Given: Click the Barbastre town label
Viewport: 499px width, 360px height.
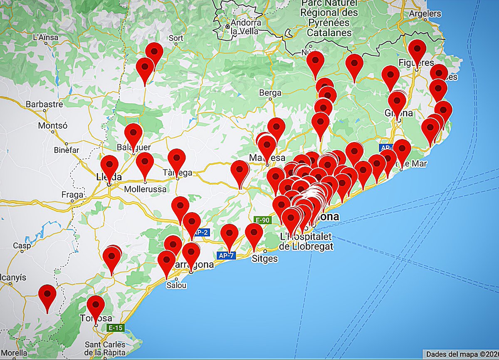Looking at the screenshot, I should (x=44, y=104).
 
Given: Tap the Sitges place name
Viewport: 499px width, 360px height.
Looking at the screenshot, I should (x=265, y=258).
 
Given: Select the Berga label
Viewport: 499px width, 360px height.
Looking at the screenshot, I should (x=270, y=93).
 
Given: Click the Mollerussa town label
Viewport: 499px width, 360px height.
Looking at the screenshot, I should (x=146, y=189).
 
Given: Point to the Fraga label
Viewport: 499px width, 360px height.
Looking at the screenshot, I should (x=72, y=194).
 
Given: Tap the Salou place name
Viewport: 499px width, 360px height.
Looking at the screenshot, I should (x=176, y=286).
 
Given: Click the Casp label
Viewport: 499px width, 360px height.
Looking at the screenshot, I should (x=22, y=246).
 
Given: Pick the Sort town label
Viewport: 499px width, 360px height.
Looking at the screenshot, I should (x=176, y=38).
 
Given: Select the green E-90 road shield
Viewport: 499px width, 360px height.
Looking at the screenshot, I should (x=262, y=220).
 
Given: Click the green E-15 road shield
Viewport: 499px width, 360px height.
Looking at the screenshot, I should (x=116, y=328).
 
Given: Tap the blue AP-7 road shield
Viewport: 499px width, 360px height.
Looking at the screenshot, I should (x=226, y=255).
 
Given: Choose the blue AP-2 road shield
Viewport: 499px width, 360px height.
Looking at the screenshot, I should (x=200, y=233).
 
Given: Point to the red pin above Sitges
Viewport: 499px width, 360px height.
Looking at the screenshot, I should (x=254, y=233).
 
